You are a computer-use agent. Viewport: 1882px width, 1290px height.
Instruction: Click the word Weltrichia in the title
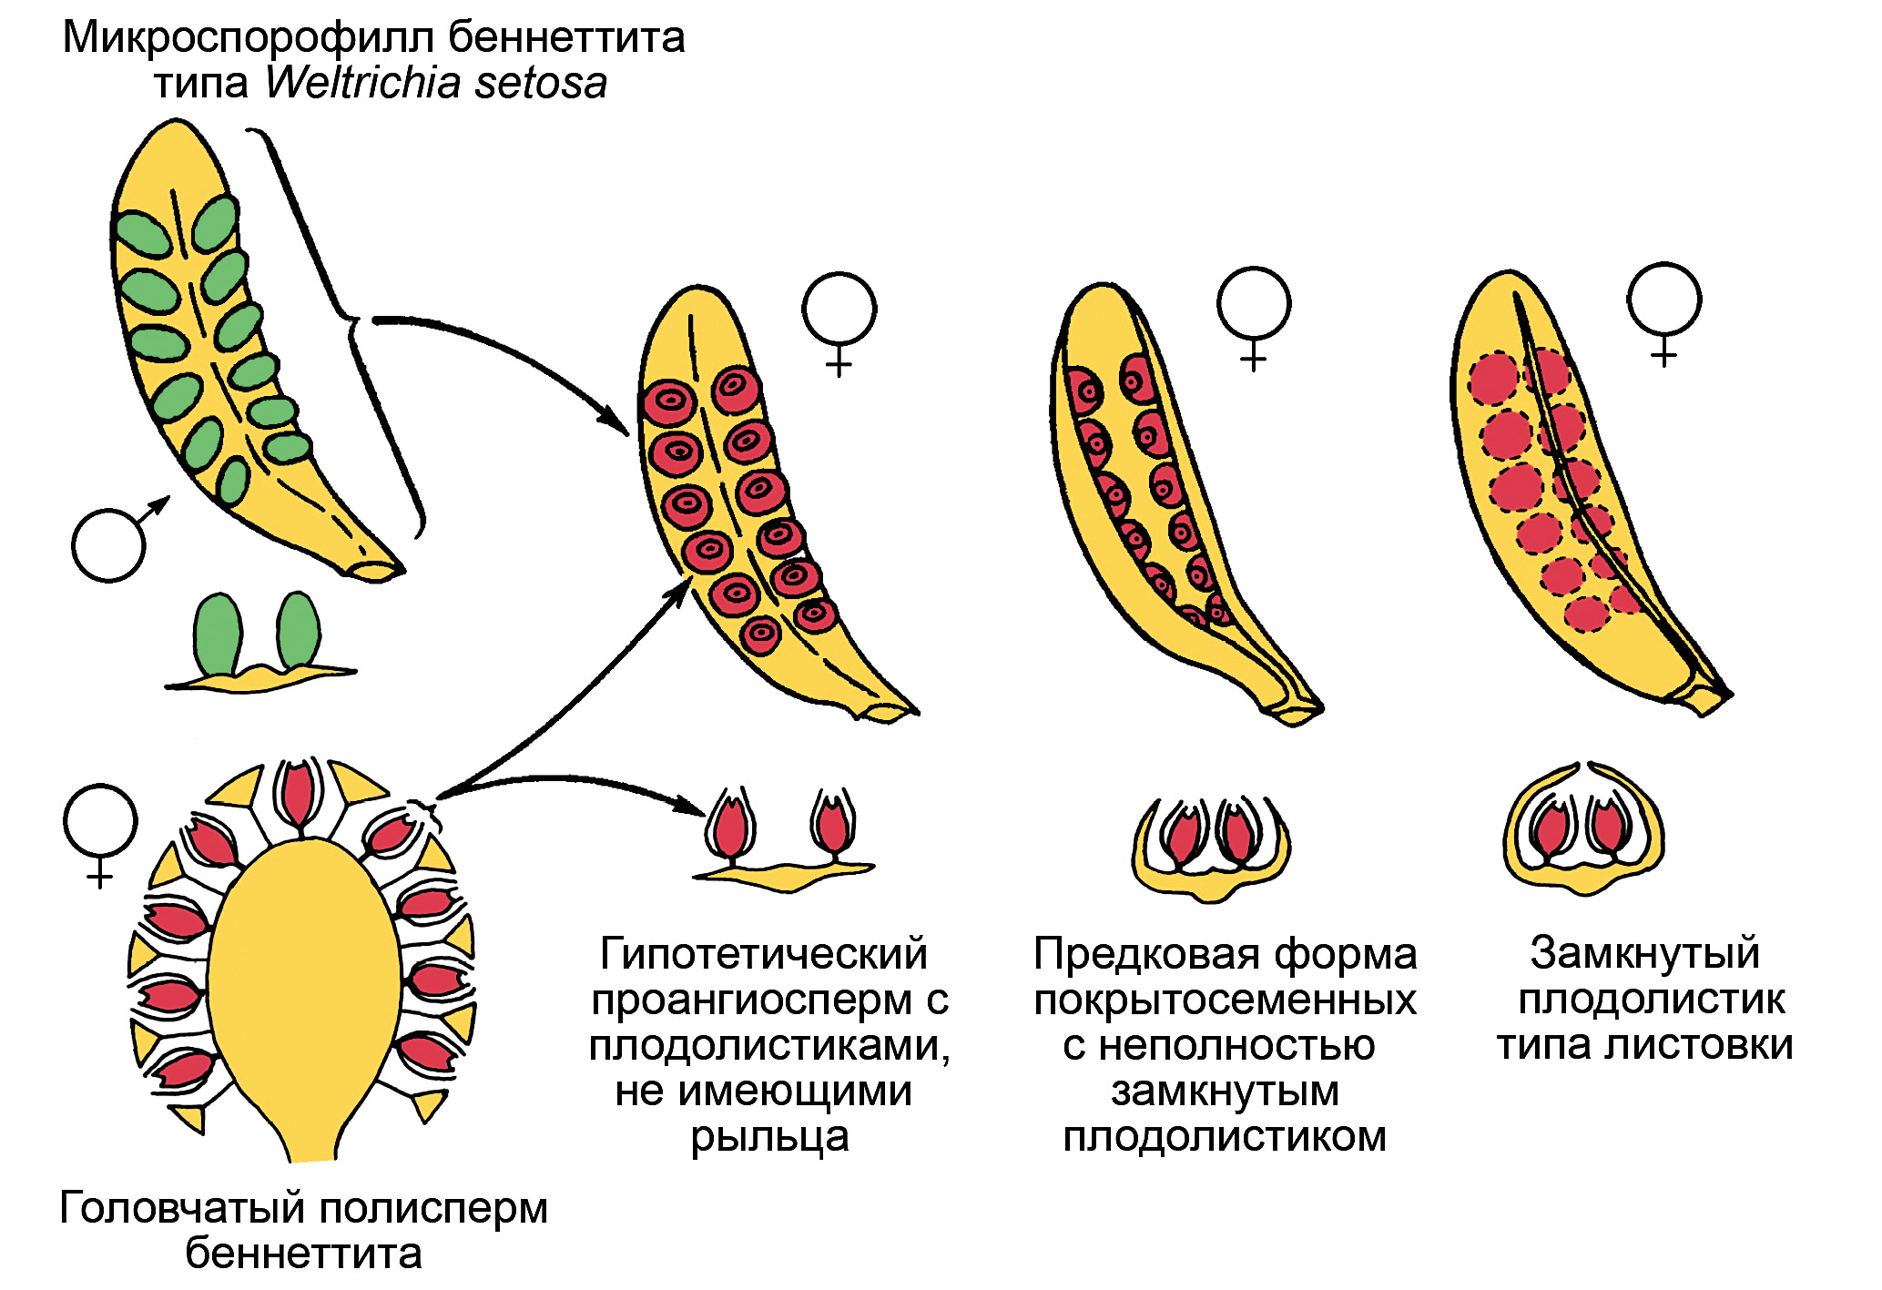(x=364, y=83)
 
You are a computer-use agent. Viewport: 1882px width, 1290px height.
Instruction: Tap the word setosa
(x=541, y=83)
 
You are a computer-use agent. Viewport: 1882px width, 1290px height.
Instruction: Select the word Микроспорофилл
(x=249, y=37)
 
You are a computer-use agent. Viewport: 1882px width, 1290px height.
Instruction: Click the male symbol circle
(x=108, y=545)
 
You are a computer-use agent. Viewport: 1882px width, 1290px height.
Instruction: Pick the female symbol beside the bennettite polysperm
(x=100, y=821)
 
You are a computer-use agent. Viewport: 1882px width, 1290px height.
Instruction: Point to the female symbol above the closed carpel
(x=1663, y=300)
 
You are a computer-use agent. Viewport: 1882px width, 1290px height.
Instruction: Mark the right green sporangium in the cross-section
(x=299, y=631)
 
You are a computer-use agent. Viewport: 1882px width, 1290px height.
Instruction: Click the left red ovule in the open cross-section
(x=731, y=828)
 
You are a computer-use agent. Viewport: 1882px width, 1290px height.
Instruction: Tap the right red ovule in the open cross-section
(x=831, y=825)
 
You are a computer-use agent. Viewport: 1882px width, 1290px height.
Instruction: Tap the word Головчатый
(x=182, y=1209)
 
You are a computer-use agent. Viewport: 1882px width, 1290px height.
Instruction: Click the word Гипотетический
(x=764, y=954)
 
